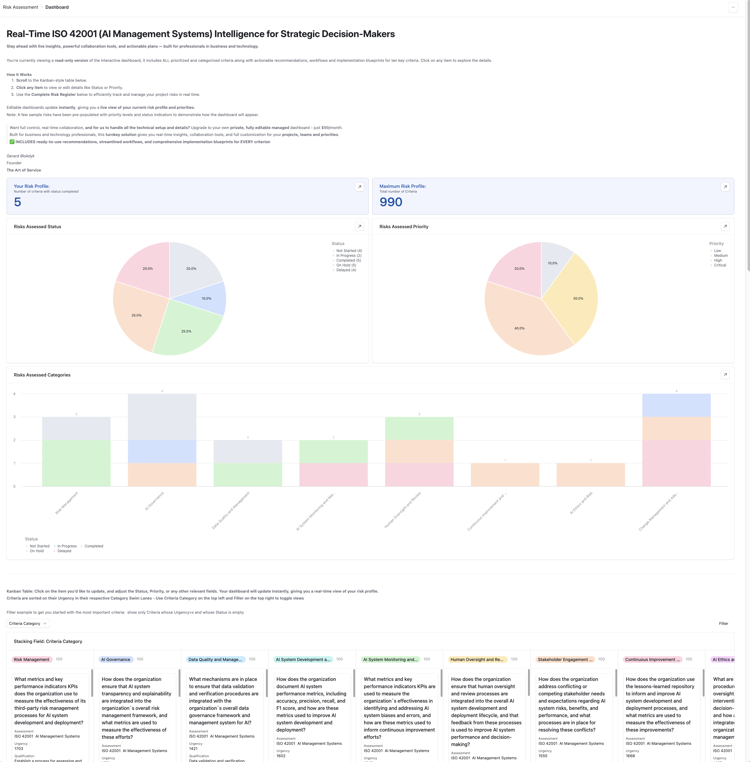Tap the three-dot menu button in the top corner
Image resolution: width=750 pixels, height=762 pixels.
[x=733, y=7]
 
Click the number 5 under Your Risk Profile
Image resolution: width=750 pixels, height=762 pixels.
[x=18, y=202]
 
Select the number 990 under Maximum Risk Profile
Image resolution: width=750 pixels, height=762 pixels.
[x=391, y=202]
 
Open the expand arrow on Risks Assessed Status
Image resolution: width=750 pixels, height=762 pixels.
[x=359, y=226]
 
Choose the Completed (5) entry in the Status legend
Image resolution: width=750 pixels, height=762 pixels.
[x=348, y=260]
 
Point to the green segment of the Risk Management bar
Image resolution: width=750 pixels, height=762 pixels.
[x=77, y=463]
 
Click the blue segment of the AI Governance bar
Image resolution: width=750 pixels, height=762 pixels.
[x=162, y=451]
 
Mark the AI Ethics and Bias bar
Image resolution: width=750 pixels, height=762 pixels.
[x=590, y=475]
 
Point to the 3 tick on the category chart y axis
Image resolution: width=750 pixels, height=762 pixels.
[x=14, y=417]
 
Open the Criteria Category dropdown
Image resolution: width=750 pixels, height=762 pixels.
[x=28, y=623]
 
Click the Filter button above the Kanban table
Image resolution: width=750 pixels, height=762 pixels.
[x=723, y=623]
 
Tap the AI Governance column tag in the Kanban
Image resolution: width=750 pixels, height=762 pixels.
[x=115, y=660]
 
